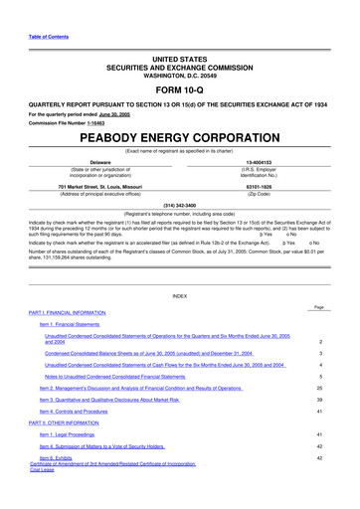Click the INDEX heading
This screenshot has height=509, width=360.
click(x=179, y=296)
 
